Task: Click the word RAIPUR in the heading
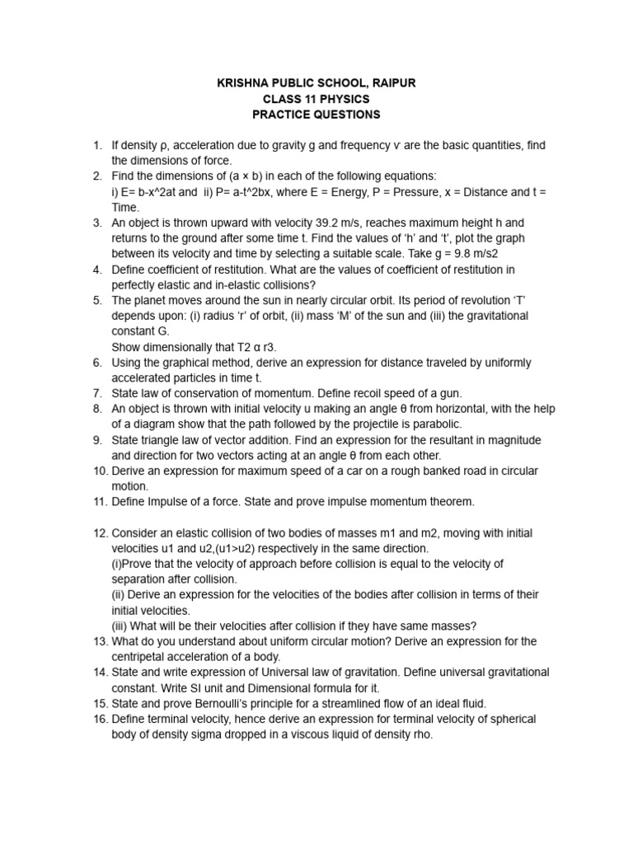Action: coord(395,83)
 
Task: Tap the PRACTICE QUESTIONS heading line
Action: coord(316,115)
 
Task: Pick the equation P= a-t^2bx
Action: coord(267,192)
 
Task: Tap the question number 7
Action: coord(97,394)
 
